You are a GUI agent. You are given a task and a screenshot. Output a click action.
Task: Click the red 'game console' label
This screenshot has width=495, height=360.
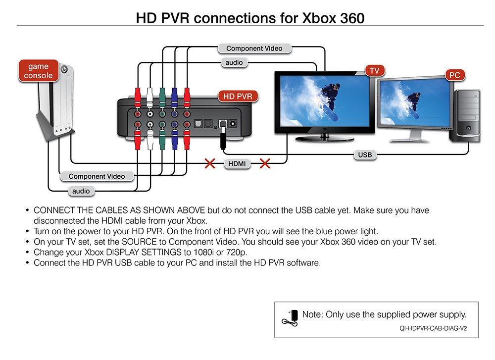coord(38,71)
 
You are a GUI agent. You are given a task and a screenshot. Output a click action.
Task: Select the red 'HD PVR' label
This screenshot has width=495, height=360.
coord(238,96)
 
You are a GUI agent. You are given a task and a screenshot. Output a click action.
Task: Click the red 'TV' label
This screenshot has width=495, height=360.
coord(374,71)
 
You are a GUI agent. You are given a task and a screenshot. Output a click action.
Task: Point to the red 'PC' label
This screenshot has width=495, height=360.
coord(454,75)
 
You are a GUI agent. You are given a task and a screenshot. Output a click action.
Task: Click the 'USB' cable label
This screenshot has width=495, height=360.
coord(365,155)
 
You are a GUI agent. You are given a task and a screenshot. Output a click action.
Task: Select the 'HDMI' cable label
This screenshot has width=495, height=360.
coord(237,163)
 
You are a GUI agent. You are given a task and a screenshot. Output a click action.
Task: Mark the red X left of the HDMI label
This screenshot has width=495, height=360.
coord(210,163)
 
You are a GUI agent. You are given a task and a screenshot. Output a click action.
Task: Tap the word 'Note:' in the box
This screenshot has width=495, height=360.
coord(312,314)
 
